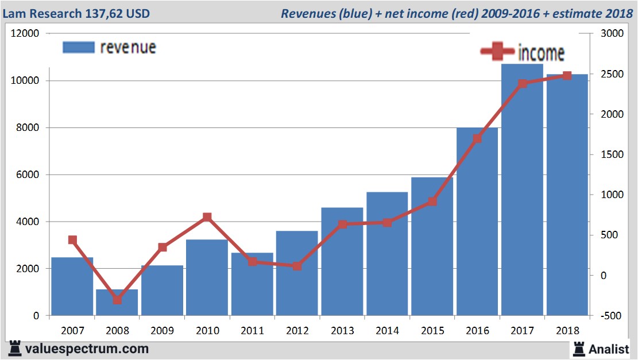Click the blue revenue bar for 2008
tap(117, 303)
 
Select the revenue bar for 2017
tap(522, 189)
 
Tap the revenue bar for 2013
tap(342, 261)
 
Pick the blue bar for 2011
tap(252, 284)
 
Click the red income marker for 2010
tap(207, 217)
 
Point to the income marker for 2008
tap(117, 300)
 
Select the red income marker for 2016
tap(477, 138)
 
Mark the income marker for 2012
tap(297, 266)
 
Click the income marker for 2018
tap(567, 76)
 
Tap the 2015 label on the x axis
tap(432, 331)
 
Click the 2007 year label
tap(72, 331)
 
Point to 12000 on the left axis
tap(25, 34)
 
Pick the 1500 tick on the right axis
tap(609, 154)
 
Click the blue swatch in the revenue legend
tap(78, 48)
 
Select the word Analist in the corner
tap(609, 349)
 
